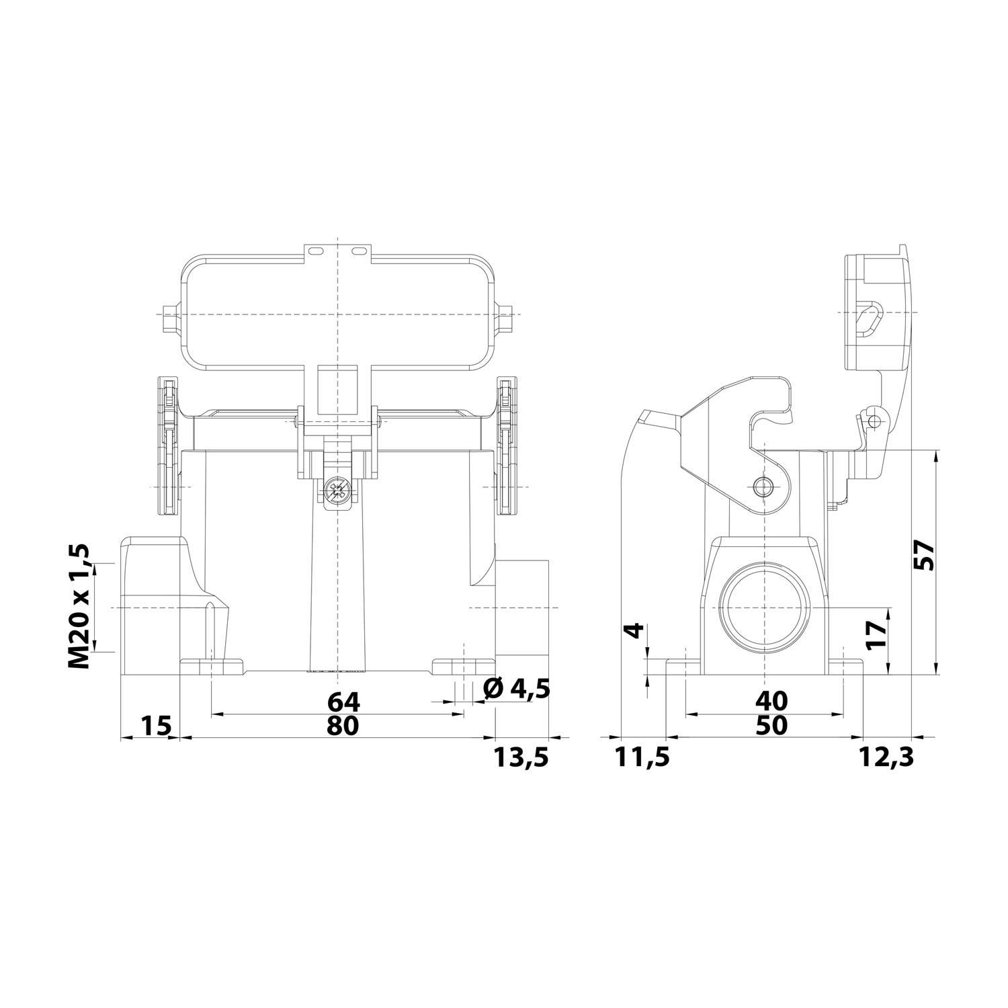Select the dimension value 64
344,702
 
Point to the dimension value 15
157,725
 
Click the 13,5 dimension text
521,757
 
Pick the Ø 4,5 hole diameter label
517,689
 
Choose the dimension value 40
771,702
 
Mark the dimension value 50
771,725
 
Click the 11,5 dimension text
642,757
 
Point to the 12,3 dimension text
886,757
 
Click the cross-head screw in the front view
337,491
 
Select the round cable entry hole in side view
764,606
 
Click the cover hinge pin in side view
873,421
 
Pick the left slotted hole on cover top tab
314,251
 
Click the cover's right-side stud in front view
509,314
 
